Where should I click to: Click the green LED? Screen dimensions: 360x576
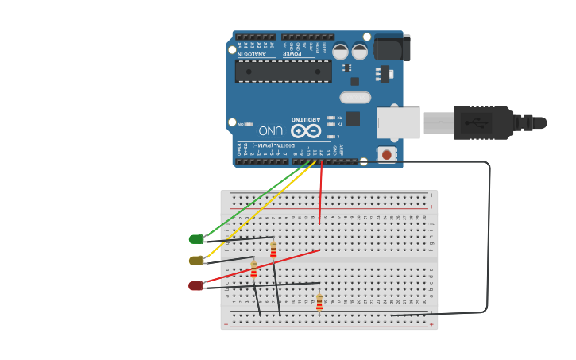point(195,239)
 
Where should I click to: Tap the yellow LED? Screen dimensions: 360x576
point(195,261)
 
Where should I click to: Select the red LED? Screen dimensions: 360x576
point(195,285)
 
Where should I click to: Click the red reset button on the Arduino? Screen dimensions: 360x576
point(387,154)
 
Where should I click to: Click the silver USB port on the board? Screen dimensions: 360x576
point(397,123)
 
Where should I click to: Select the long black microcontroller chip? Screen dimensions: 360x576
point(283,72)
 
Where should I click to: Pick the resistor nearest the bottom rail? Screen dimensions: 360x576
point(319,303)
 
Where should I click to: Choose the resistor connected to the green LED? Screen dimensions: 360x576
point(273,251)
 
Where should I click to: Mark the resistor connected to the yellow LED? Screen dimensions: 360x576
point(253,271)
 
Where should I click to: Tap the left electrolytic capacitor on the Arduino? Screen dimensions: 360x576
point(340,52)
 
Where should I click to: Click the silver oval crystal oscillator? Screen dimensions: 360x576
point(355,98)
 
